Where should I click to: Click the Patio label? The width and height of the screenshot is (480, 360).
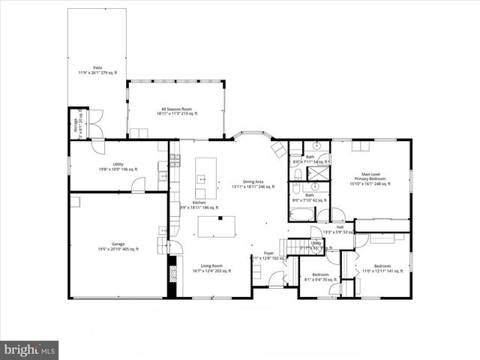tap(97, 70)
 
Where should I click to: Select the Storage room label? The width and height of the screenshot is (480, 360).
tap(75, 125)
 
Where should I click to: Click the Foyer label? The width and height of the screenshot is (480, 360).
tap(268, 255)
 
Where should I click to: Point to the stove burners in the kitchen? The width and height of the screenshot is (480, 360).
tap(175, 160)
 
